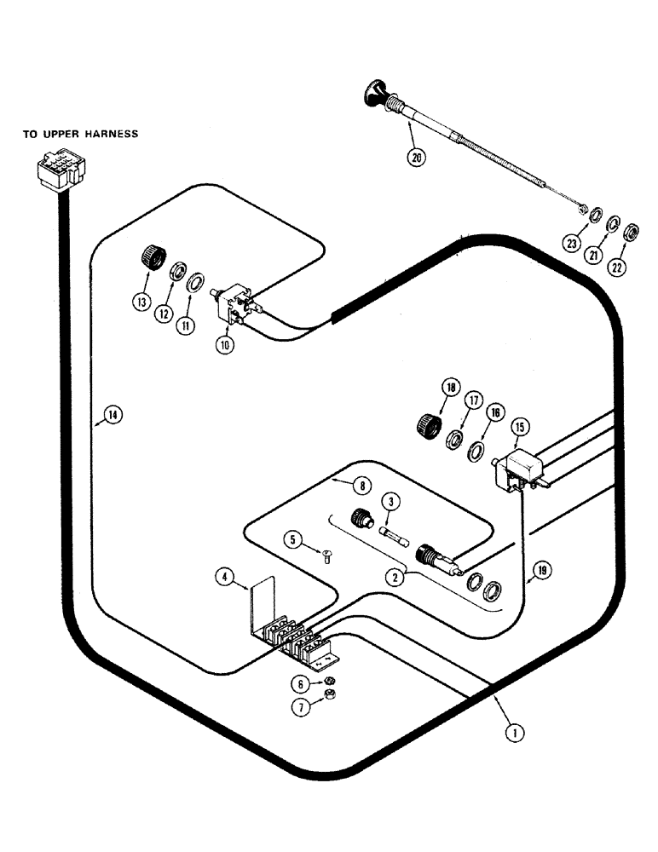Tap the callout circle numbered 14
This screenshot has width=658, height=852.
coord(111,416)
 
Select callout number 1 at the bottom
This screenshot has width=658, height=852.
coord(512,730)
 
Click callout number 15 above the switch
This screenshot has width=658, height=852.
coord(518,426)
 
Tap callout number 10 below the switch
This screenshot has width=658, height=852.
coord(224,348)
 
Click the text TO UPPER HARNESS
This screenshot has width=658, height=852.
coord(80,134)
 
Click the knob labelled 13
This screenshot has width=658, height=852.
coord(152,255)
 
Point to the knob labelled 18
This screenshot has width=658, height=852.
coord(427,423)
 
